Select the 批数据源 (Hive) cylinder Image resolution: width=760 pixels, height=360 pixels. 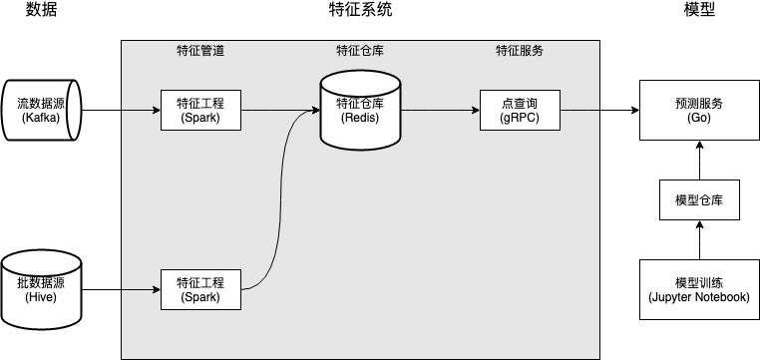pyautogui.click(x=41, y=289)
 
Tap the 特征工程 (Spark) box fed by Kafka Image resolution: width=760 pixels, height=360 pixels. pyautogui.click(x=200, y=110)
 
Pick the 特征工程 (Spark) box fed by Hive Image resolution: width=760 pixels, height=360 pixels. pyautogui.click(x=200, y=289)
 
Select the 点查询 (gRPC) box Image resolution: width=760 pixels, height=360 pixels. pyautogui.click(x=520, y=110)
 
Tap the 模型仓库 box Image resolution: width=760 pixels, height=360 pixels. pyautogui.click(x=698, y=199)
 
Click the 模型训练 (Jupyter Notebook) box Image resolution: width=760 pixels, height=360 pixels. pyautogui.click(x=698, y=289)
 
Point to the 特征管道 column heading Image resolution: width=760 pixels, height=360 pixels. pyautogui.click(x=200, y=50)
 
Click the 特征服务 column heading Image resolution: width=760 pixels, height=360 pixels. pyautogui.click(x=520, y=50)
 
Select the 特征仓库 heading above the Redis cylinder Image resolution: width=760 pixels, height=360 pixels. pyautogui.click(x=360, y=50)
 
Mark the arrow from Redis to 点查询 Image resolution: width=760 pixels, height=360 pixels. pyautogui.click(x=439, y=110)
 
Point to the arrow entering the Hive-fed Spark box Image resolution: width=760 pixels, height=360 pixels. pyautogui.click(x=140, y=289)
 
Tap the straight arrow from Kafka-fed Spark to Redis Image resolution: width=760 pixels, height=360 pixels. pyautogui.click(x=279, y=110)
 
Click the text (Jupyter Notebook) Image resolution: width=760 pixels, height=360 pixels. pyautogui.click(x=698, y=297)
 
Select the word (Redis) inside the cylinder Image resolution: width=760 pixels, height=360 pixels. pyautogui.click(x=360, y=118)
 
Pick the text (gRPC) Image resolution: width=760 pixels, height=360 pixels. pyautogui.click(x=520, y=118)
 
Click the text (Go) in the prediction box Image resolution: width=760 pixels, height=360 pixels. pyautogui.click(x=698, y=118)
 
